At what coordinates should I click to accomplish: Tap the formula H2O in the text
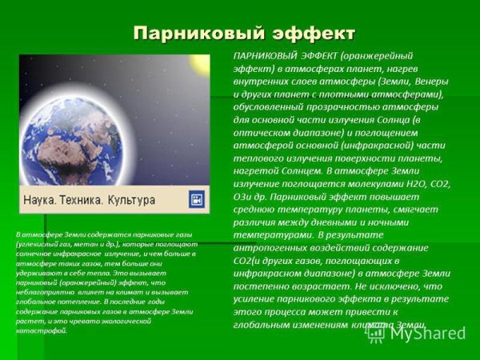(398, 183)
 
